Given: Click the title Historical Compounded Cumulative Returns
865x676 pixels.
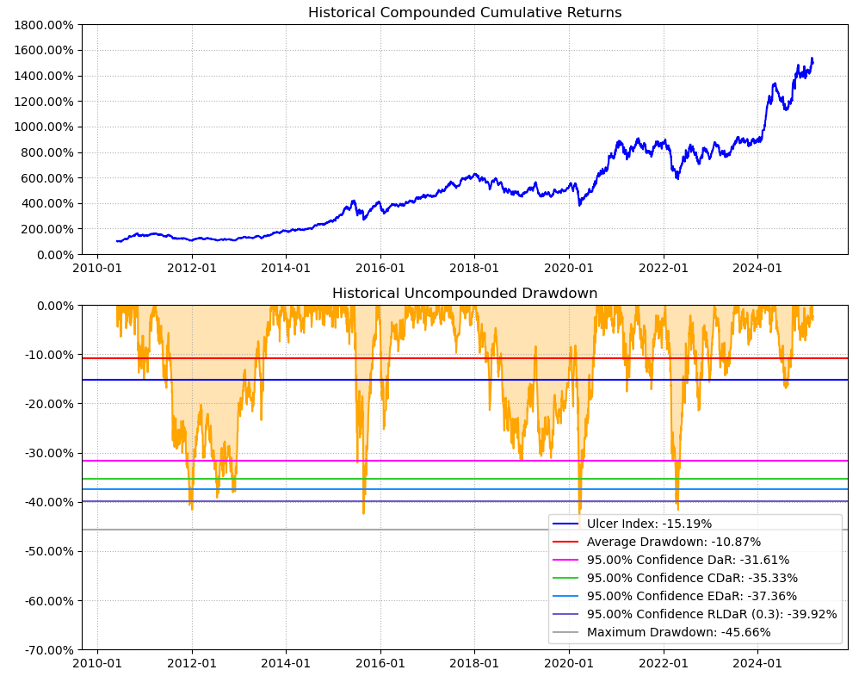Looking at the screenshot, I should (x=465, y=13).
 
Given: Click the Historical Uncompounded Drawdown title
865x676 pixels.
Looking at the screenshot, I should (x=465, y=294).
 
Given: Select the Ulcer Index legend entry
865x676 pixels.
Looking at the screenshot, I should (x=649, y=524).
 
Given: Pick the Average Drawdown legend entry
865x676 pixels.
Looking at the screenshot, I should (x=673, y=542).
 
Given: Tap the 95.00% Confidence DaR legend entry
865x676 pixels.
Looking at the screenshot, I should (x=688, y=560).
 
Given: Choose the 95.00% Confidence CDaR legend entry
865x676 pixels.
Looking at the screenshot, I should (x=692, y=578).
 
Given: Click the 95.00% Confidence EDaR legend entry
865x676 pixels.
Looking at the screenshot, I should (x=692, y=596).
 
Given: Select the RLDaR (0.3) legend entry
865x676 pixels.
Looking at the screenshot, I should (x=712, y=614).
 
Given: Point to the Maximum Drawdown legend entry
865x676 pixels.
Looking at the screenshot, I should (x=678, y=632).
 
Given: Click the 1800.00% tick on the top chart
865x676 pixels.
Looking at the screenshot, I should (x=44, y=25).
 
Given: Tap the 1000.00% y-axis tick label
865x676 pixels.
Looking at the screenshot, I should (x=44, y=127).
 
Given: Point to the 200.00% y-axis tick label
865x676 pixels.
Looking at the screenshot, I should (x=47, y=229).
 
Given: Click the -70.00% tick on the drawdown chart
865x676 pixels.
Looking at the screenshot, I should (x=47, y=650).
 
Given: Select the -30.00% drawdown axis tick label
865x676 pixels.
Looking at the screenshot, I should (x=47, y=453).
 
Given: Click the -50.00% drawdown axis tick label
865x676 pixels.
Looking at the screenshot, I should (x=47, y=551).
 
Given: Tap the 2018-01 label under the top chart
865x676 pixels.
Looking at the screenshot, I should (x=474, y=268).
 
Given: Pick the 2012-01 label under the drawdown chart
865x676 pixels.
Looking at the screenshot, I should (x=191, y=663).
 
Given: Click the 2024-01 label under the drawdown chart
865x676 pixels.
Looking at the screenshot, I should (x=757, y=663).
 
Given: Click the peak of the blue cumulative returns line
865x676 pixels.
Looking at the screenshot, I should (x=812, y=59).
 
